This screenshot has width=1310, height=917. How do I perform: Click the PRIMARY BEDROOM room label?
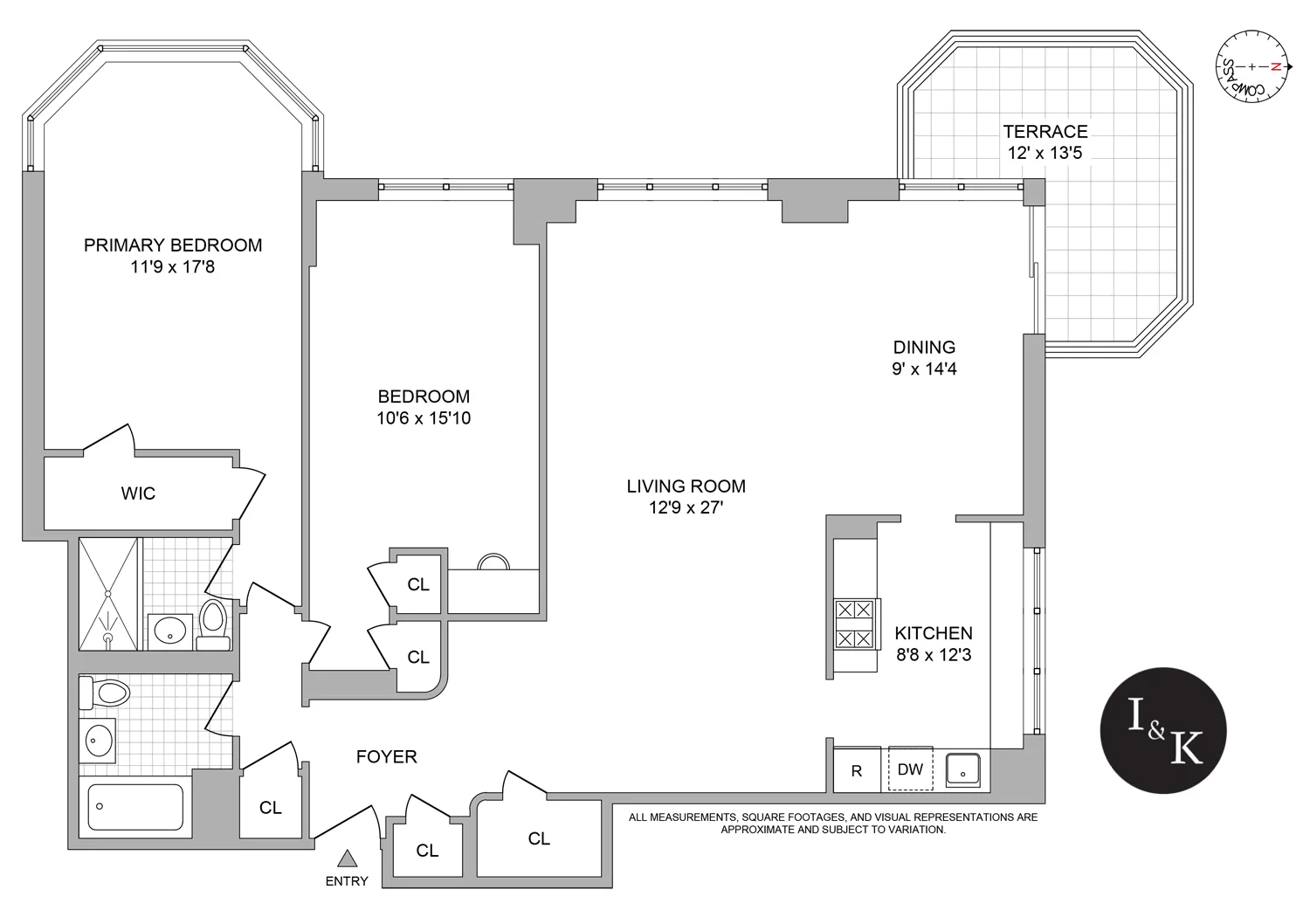tap(173, 245)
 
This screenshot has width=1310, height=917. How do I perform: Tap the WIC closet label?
tap(138, 493)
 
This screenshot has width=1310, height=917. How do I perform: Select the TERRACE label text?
tap(1045, 132)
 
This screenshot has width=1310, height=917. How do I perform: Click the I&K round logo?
tap(1163, 730)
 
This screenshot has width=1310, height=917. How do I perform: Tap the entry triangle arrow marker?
tap(347, 859)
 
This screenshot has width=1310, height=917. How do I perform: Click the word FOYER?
tap(386, 756)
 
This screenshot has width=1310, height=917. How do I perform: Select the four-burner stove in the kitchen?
tap(854, 624)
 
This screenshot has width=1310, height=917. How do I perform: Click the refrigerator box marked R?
tap(857, 770)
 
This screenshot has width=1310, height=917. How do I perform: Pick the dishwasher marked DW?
tap(910, 769)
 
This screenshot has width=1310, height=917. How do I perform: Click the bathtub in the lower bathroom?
tap(135, 807)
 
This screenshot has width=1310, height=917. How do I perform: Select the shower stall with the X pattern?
tap(108, 594)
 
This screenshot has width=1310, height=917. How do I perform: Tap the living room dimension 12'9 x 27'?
tap(686, 507)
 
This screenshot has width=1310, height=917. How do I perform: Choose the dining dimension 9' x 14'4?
tap(924, 369)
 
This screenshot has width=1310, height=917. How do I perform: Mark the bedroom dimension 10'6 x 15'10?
tap(424, 418)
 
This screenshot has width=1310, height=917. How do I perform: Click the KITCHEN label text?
tap(933, 633)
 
